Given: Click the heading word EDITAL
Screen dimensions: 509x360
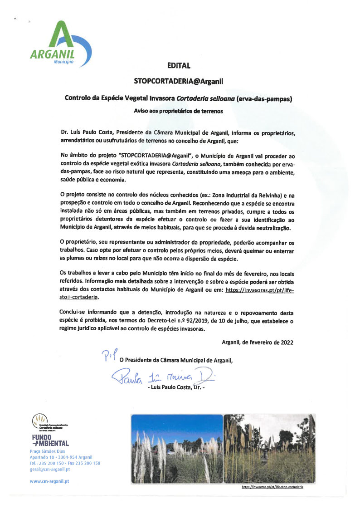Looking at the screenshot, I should [179, 66].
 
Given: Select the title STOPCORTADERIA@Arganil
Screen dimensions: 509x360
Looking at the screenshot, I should [179, 81].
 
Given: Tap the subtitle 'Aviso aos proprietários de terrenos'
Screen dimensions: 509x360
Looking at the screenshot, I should [179, 111].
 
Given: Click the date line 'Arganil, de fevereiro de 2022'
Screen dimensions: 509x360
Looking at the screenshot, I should [257, 342].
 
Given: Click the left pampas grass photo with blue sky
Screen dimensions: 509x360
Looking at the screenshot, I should [177, 448].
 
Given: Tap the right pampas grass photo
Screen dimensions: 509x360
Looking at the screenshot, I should [269, 448].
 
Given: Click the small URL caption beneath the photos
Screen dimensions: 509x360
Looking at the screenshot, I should [272, 487].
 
